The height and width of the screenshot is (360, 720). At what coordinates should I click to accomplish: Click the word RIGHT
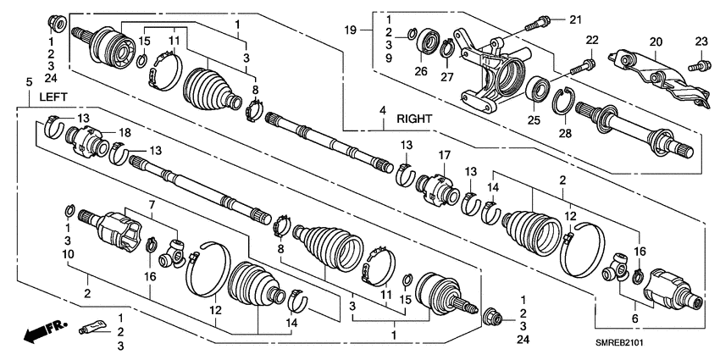coord(414,120)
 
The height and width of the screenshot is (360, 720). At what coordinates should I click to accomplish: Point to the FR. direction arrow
coord(39,330)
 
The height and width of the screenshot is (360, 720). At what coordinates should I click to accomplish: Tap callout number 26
coord(420,72)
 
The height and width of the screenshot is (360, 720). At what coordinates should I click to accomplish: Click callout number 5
coord(29,81)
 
